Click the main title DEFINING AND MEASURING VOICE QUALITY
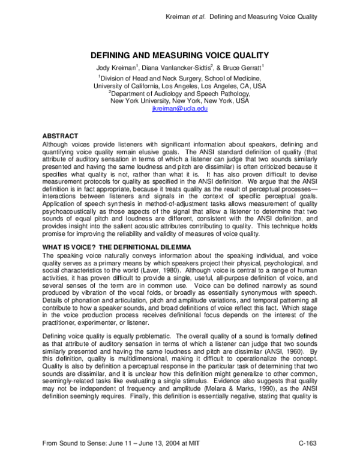(x=180, y=54)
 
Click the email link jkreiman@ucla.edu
(x=180, y=108)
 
